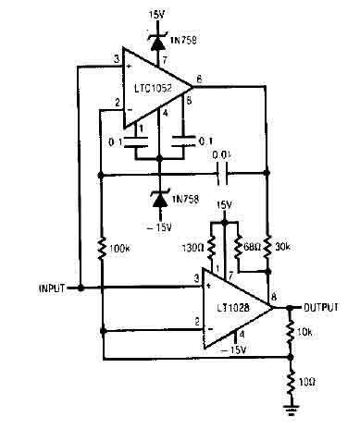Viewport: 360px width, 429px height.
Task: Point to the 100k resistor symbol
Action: click(x=99, y=249)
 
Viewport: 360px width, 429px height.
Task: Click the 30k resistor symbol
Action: click(x=267, y=247)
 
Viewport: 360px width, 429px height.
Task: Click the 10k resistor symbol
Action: click(x=290, y=331)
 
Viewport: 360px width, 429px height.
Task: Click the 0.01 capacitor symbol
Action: click(x=221, y=172)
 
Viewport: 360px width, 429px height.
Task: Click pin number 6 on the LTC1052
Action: click(x=200, y=80)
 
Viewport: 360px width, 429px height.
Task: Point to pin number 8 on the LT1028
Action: click(x=273, y=297)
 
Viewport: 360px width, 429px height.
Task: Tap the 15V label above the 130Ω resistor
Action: click(x=224, y=204)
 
